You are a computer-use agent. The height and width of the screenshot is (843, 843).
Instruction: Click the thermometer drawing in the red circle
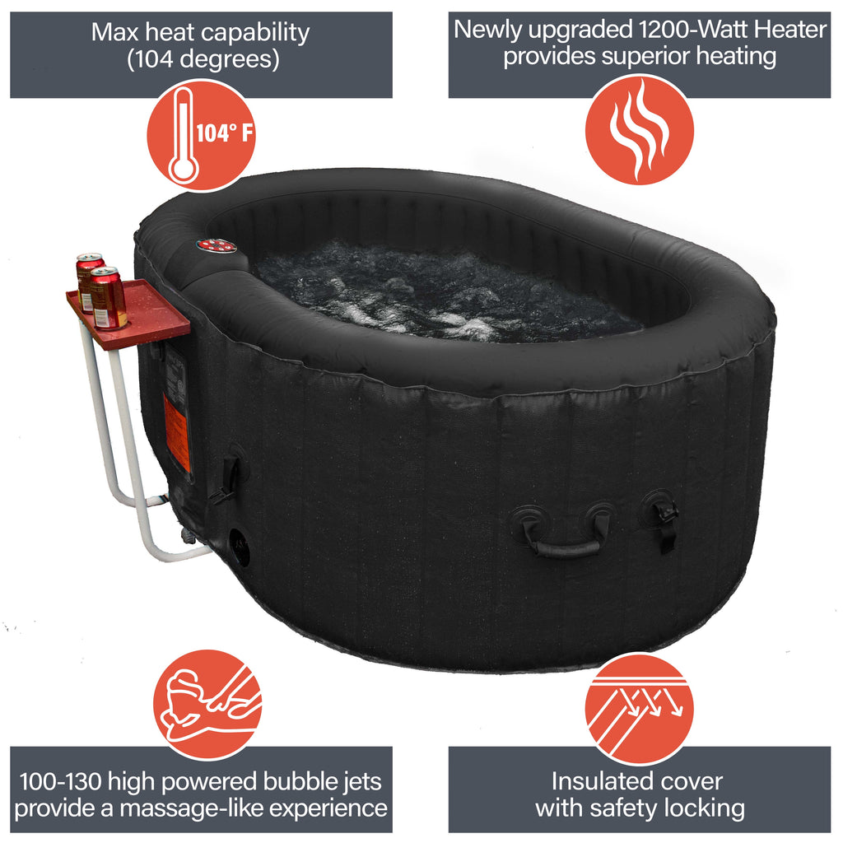[183, 134]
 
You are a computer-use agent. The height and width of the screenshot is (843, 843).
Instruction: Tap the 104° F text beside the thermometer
[224, 133]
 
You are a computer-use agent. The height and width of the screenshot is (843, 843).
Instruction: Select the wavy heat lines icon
[639, 129]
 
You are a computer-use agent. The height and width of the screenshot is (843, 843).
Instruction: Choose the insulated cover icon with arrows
[639, 708]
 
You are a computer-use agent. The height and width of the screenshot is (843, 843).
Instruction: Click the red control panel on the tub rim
[217, 245]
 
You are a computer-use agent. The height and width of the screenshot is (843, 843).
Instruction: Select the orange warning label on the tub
[176, 432]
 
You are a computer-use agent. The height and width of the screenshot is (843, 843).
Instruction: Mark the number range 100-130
[65, 780]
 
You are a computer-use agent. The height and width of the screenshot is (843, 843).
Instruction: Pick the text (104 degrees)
[203, 59]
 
